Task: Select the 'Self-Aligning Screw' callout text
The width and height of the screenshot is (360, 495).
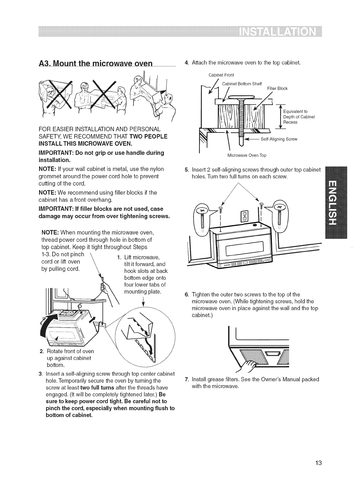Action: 279,139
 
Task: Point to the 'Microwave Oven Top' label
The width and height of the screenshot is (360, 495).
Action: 247,155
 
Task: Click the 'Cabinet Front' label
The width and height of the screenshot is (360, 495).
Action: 221,75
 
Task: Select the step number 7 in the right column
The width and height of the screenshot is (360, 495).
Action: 186,379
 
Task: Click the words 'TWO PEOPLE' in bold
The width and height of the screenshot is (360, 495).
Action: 149,136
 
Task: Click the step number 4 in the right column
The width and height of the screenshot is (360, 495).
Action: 186,62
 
